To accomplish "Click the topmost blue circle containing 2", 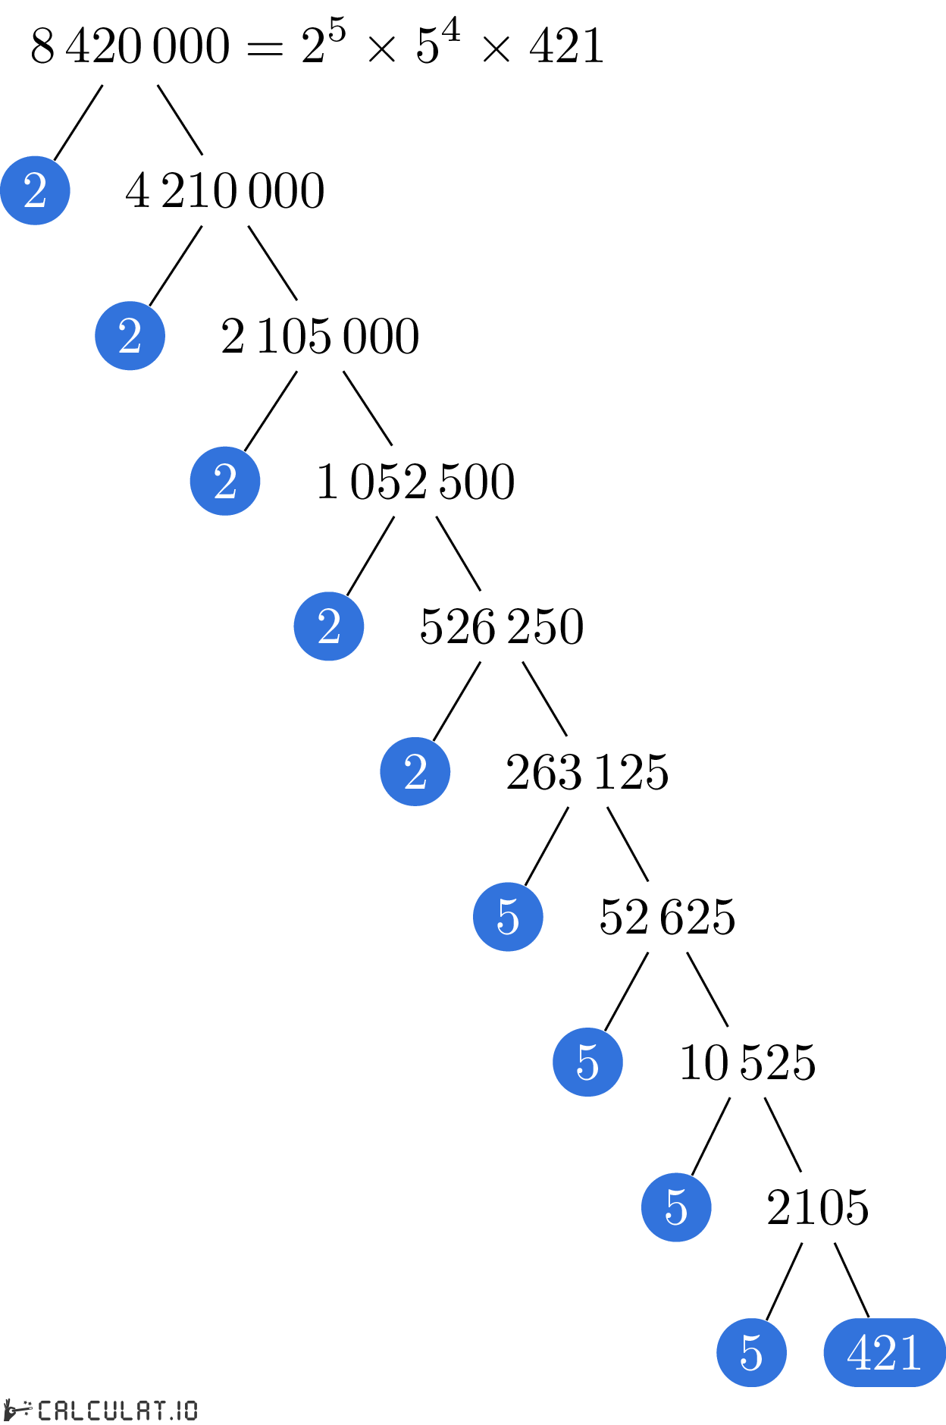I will pos(35,190).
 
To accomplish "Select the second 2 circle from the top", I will pos(130,336).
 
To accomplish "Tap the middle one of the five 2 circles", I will pos(225,481).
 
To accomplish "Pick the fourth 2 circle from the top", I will pos(329,626).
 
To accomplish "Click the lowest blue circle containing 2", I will pos(415,771).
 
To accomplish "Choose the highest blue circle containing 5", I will pos(508,917).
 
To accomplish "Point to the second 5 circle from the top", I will pos(587,1062).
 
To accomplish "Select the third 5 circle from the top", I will pos(676,1207).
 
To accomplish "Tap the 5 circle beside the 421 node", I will pos(751,1352).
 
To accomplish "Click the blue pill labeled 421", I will pos(884,1352).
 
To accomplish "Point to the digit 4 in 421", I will pos(860,1352).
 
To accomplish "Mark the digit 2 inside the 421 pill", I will pos(885,1352).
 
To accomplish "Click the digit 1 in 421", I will pos(910,1352).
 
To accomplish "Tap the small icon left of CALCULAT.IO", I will pos(18,1410).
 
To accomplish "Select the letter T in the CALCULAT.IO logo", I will pos(158,1410).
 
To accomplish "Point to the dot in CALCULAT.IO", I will pos(171,1417).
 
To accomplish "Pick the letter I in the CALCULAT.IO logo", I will pos(179,1410).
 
